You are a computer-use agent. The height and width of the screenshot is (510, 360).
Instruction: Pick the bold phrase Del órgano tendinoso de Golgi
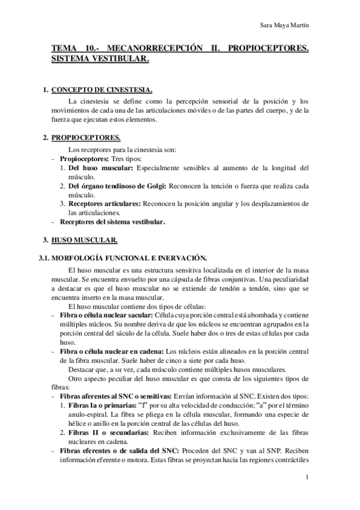[x=115, y=186]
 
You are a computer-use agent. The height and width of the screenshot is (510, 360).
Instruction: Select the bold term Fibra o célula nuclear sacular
[x=106, y=315]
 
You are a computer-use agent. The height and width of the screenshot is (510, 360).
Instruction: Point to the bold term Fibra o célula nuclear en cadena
[x=111, y=351]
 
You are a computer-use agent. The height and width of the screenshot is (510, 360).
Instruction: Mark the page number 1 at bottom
[x=307, y=478]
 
